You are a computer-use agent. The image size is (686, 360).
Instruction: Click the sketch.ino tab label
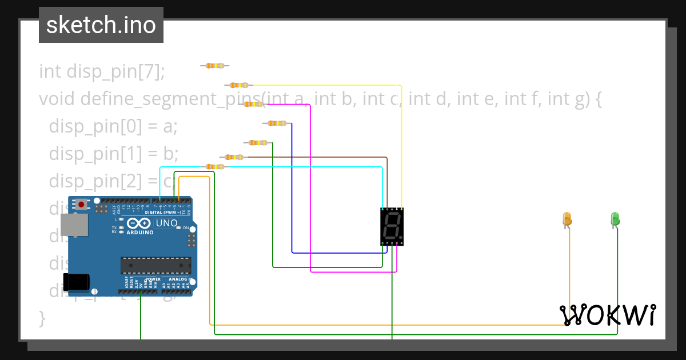[101, 25]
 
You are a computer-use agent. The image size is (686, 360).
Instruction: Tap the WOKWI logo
[607, 315]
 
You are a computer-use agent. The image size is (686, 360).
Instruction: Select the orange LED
[567, 219]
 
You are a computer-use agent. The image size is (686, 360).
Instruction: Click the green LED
[615, 219]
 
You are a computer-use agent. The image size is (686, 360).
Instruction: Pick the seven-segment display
[392, 226]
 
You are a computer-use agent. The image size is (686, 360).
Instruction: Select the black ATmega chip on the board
[155, 266]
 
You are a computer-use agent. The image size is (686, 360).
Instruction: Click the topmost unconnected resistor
[215, 66]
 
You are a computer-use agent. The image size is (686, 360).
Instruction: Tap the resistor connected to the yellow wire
[239, 85]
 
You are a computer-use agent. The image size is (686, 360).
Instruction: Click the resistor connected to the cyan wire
[214, 166]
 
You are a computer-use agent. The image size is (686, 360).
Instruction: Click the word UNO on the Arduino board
[167, 223]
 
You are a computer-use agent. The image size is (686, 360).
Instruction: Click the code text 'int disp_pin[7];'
[102, 72]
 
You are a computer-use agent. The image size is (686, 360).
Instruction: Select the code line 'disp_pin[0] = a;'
[113, 126]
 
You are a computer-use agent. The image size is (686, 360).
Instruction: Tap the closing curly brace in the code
[42, 318]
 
